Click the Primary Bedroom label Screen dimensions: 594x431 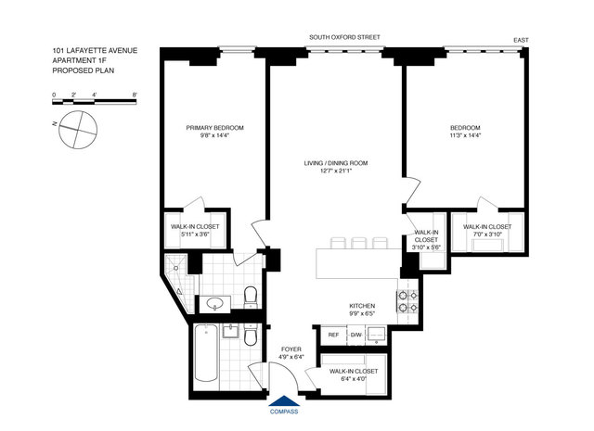pyautogui.click(x=214, y=128)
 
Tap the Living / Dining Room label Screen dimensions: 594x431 pyautogui.click(x=336, y=163)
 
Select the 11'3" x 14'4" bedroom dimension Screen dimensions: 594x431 pyautogui.click(x=465, y=135)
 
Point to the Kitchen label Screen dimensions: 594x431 pyautogui.click(x=362, y=306)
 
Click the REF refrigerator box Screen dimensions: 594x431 pyautogui.click(x=333, y=335)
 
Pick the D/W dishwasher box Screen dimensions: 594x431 pyautogui.click(x=356, y=335)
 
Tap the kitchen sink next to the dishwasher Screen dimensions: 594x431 pyautogui.click(x=377, y=334)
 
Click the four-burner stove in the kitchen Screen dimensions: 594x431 pyautogui.click(x=407, y=301)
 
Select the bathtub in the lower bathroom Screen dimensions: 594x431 pyautogui.click(x=206, y=353)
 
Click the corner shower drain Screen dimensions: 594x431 pyautogui.click(x=175, y=268)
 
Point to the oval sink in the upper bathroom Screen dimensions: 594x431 pyautogui.click(x=215, y=303)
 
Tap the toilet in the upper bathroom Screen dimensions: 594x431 pyautogui.click(x=251, y=297)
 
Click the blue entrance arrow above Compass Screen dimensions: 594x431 pyautogui.click(x=284, y=400)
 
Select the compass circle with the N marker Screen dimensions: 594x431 pyautogui.click(x=78, y=130)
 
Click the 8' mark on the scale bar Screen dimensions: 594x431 pyautogui.click(x=135, y=95)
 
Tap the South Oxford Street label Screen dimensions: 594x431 pyautogui.click(x=344, y=37)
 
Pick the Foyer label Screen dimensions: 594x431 pyautogui.click(x=291, y=349)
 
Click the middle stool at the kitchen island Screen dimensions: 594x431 pyautogui.click(x=358, y=243)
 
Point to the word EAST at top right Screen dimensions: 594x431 pyautogui.click(x=521, y=40)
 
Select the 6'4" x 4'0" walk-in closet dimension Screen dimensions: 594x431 pyautogui.click(x=354, y=378)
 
